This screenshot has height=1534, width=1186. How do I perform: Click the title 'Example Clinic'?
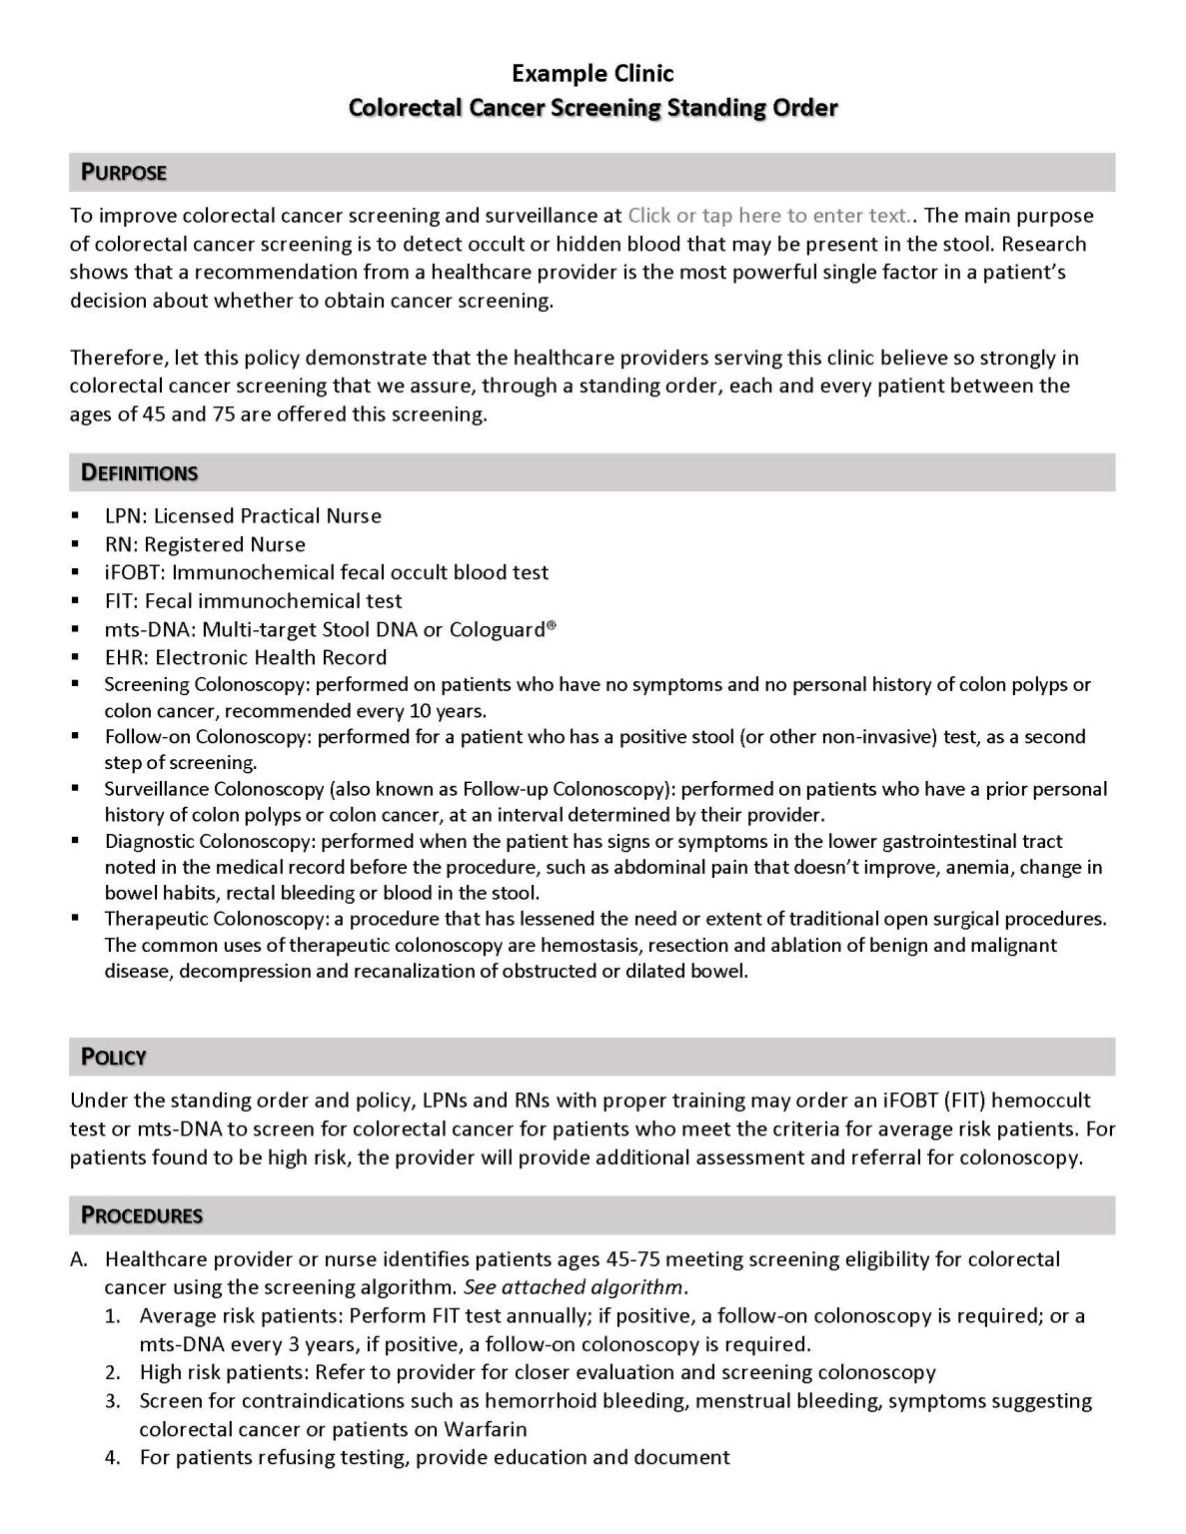tap(593, 73)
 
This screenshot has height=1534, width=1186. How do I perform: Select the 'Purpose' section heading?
tap(124, 173)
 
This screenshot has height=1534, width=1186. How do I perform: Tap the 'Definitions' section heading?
tap(139, 472)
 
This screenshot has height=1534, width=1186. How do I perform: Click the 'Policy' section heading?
tap(114, 1057)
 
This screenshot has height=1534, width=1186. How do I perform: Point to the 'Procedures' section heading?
tap(142, 1215)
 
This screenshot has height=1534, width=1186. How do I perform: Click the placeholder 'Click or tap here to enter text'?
tap(768, 216)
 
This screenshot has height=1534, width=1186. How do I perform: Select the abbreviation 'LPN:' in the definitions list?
tap(126, 516)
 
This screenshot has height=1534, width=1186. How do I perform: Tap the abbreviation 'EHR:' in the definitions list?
tap(127, 657)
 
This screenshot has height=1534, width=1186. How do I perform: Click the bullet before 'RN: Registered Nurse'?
tap(76, 544)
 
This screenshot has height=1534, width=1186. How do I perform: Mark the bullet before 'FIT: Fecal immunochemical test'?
tap(76, 601)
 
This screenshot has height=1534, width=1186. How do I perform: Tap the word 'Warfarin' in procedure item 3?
tap(485, 1429)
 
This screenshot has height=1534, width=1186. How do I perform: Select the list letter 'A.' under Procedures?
tap(80, 1259)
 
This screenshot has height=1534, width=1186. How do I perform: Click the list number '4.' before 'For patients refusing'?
tap(113, 1457)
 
